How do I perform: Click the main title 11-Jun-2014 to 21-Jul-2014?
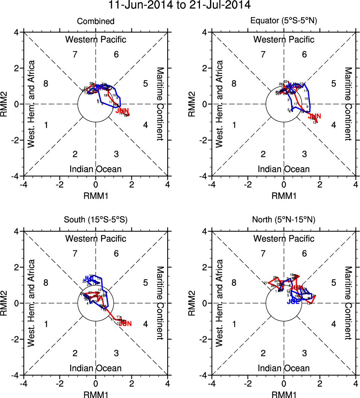[179, 6]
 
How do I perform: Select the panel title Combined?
[96, 21]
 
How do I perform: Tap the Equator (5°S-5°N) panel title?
[284, 21]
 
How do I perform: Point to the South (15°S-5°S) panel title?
[96, 220]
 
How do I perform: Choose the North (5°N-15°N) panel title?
[284, 220]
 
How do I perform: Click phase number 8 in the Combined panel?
[46, 84]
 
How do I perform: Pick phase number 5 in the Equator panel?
[333, 84]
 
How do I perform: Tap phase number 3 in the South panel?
[116, 353]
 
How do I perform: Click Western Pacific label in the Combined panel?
[96, 40]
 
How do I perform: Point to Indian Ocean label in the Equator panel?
[284, 169]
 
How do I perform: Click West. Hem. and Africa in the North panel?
[221, 303]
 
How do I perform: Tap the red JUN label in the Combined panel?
[123, 111]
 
